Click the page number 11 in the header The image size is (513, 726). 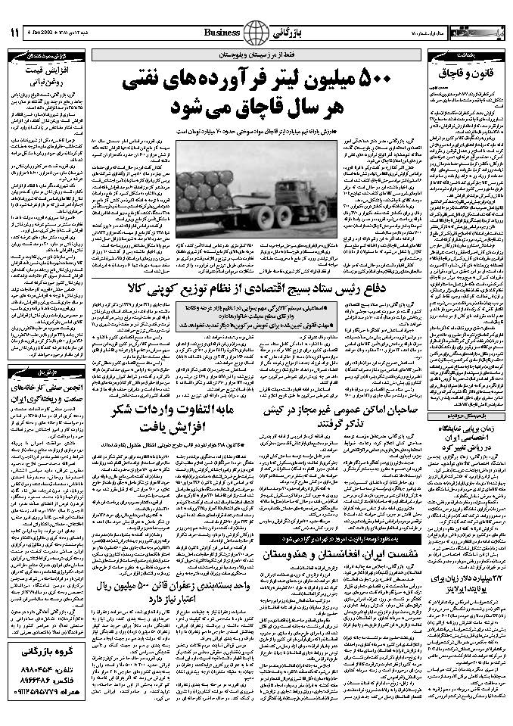pos(14,33)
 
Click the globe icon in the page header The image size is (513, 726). pos(256,33)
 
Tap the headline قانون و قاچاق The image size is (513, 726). pos(467,73)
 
